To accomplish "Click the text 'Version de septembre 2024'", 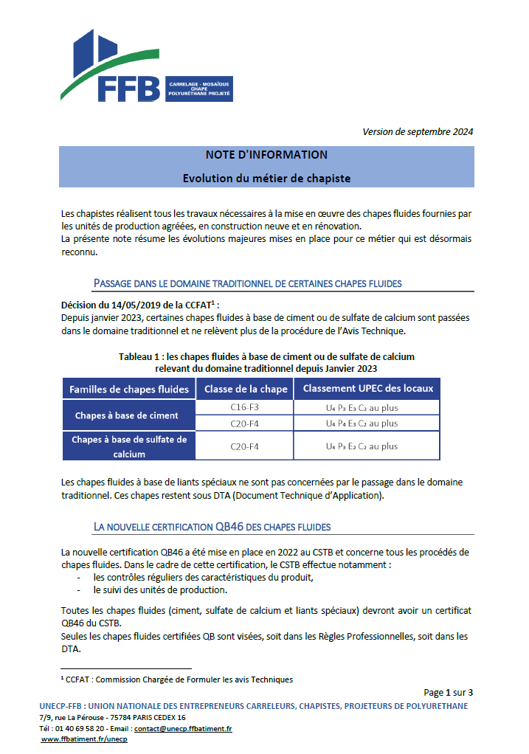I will click(418, 131).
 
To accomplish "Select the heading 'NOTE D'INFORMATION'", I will click(266, 155).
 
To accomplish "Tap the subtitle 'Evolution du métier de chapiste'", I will click(266, 179).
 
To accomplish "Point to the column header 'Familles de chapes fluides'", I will click(129, 389).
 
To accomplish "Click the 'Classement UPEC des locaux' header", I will click(367, 389).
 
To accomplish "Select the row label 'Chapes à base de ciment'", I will click(126, 415).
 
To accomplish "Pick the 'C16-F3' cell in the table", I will click(244, 407).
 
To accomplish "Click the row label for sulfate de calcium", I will click(128, 446).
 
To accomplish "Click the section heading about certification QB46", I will click(212, 527).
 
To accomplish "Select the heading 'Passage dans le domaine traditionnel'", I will click(247, 283).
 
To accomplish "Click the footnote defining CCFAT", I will click(176, 679).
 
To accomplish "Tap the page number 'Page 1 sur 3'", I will click(448, 692).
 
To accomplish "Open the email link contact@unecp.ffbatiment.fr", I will click(184, 728).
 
